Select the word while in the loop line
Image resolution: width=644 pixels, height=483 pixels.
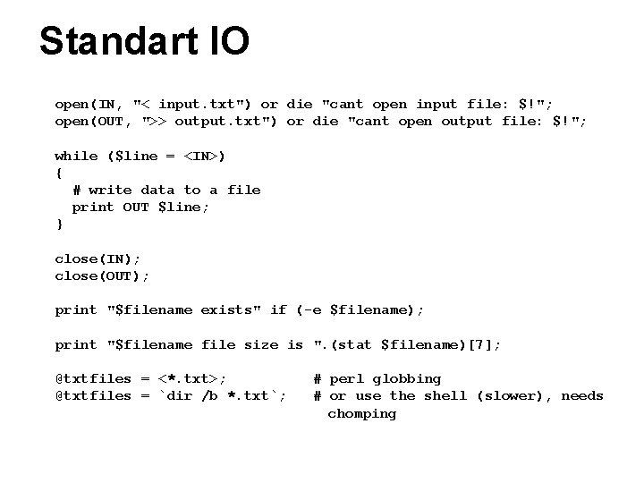[76, 156]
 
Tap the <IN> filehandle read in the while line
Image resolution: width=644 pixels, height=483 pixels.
[205, 156]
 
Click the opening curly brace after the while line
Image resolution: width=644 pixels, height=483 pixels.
[59, 173]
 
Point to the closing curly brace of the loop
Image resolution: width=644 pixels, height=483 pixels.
[59, 224]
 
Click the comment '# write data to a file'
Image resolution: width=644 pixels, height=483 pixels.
[166, 190]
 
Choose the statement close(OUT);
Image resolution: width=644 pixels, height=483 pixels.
[102, 275]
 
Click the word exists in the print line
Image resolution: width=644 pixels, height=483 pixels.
[226, 309]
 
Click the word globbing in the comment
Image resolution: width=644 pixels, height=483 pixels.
[408, 378]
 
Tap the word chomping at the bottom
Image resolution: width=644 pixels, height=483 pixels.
[361, 413]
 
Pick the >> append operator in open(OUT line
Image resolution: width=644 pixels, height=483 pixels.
[157, 122]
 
